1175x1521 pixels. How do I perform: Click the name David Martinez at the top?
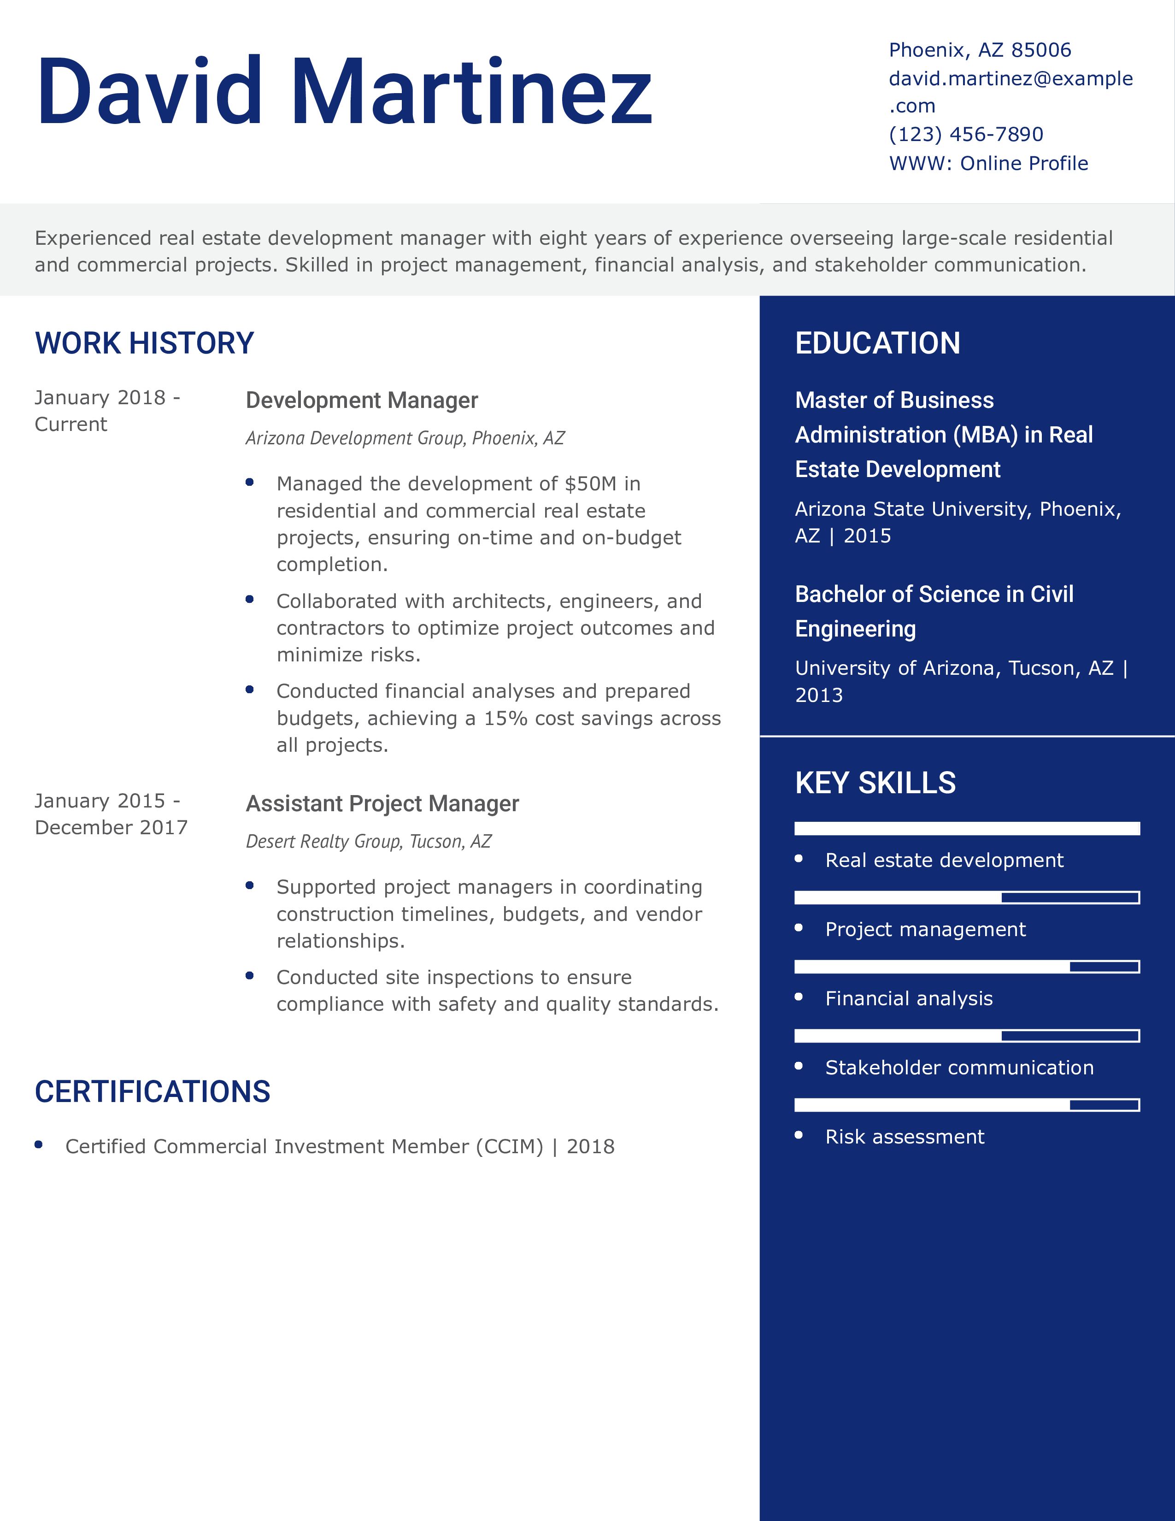[345, 92]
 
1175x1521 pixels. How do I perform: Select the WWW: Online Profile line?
[988, 163]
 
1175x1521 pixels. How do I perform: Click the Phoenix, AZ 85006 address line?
[980, 50]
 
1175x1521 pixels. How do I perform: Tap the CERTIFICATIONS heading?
[153, 1091]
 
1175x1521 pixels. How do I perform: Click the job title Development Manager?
[361, 401]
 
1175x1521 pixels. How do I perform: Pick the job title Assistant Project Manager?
[382, 804]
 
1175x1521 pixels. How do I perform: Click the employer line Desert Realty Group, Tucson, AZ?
[368, 841]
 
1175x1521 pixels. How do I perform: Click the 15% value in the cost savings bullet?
[505, 718]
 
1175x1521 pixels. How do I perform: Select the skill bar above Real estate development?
[967, 828]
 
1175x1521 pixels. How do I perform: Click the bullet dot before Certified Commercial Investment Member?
[39, 1144]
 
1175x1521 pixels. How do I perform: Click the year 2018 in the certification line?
[590, 1146]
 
